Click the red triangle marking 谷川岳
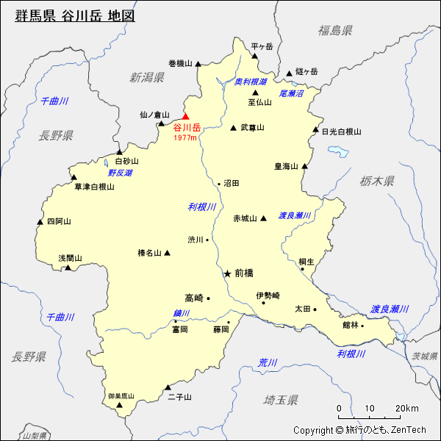tap(185, 116)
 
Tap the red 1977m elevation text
tap(186, 137)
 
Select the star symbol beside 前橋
tap(227, 273)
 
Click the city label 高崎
tap(193, 298)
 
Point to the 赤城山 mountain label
tap(245, 218)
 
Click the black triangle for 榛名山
tap(168, 253)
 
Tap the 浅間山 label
tap(71, 258)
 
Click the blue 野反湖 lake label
tap(120, 173)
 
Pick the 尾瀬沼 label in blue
tap(292, 93)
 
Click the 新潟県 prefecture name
tap(147, 77)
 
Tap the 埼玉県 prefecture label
tap(281, 400)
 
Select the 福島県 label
tap(335, 30)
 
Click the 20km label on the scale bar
tap(406, 409)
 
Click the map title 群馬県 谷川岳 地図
tap(75, 15)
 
